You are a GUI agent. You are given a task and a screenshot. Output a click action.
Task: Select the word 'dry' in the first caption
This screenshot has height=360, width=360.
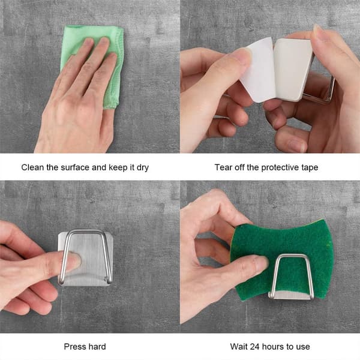[x=143, y=168]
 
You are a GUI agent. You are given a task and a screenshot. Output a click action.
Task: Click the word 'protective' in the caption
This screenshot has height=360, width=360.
[x=280, y=168]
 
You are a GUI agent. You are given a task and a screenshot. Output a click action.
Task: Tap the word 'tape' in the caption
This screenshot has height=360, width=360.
[x=310, y=168]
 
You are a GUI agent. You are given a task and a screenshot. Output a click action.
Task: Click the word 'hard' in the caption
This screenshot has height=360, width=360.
[x=96, y=346]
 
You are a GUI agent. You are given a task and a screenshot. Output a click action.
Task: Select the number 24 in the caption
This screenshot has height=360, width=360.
[x=254, y=346]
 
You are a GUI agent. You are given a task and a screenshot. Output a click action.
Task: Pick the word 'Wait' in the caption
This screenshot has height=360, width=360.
[x=239, y=346]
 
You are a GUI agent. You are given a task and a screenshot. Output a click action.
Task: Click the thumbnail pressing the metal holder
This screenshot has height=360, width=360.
[x=74, y=260]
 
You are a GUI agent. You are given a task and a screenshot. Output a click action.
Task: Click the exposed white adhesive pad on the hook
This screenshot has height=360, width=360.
[x=292, y=69]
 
